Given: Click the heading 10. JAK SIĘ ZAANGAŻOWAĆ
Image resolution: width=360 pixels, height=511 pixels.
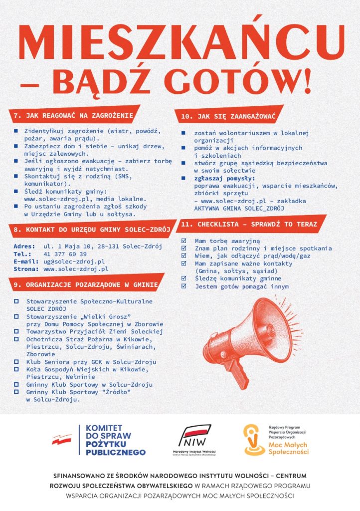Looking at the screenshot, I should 229,116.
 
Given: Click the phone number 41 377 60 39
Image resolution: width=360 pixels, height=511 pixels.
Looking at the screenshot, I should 65,254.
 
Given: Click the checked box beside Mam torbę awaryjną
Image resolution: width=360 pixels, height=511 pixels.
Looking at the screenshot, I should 183,241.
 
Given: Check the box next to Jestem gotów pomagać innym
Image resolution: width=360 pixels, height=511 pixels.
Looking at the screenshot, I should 183,286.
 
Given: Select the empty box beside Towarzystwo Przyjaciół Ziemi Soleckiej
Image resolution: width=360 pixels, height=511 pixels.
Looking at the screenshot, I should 16,331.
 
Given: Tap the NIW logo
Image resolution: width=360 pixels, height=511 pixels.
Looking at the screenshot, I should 194,437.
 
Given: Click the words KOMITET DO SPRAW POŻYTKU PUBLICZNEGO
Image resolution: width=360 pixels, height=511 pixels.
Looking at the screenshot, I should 115,440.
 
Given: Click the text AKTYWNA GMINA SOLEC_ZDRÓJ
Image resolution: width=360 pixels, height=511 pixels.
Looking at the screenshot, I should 239,208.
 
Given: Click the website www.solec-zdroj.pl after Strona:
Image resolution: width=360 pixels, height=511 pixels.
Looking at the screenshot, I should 76,268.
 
